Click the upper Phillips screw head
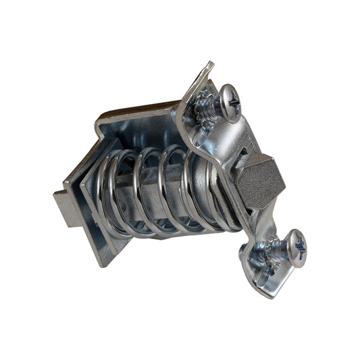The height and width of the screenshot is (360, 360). click(x=230, y=103)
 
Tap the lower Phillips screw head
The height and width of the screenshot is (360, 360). click(x=293, y=247)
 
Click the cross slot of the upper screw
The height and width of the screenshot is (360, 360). click(x=232, y=102)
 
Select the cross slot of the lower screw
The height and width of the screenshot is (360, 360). click(x=295, y=247)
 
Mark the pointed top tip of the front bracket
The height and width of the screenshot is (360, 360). click(x=209, y=65)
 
